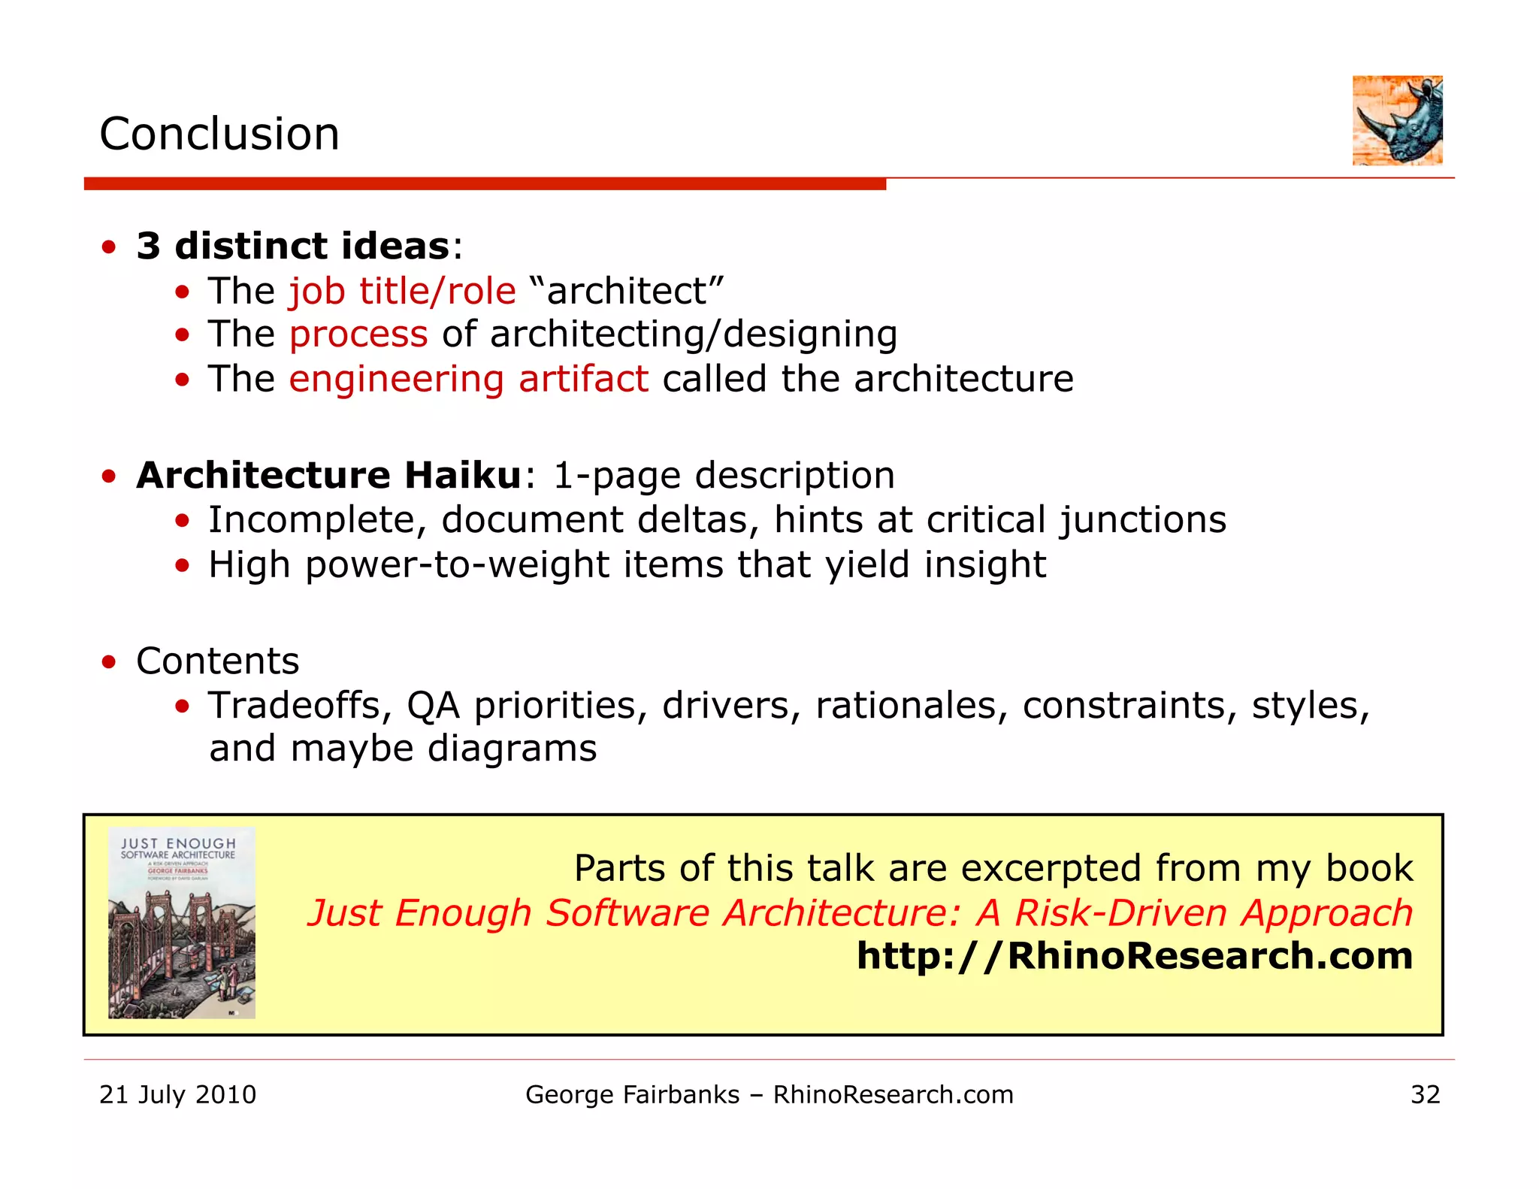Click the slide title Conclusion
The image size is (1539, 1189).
[219, 135]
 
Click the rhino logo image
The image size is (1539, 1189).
[1397, 120]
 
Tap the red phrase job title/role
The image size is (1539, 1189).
[403, 291]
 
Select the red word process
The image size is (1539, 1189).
[358, 334]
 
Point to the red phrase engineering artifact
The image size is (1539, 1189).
[469, 379]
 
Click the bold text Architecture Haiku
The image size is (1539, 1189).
[328, 475]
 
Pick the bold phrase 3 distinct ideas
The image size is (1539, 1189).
[293, 247]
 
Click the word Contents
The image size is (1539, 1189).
[218, 661]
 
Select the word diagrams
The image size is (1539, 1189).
[512, 749]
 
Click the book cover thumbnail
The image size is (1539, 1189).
[182, 923]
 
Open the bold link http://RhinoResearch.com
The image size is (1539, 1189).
[1135, 956]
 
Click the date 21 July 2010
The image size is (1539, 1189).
[178, 1094]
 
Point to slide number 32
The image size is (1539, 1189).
[1426, 1094]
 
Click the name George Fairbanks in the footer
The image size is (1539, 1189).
[632, 1095]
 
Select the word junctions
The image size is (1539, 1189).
[1142, 520]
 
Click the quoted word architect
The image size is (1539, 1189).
[627, 291]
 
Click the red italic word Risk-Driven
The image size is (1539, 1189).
[1120, 913]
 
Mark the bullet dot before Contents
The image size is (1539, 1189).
[110, 662]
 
